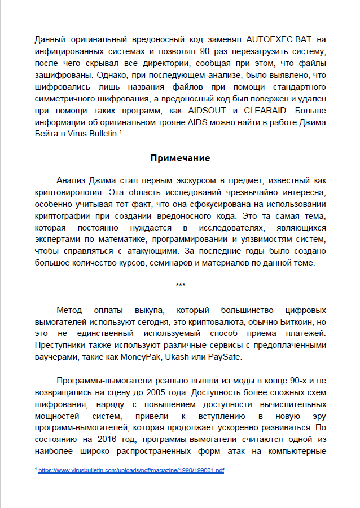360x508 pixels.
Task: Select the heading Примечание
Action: [180, 158]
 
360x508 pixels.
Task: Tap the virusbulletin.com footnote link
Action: [131, 470]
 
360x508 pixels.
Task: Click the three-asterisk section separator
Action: [180, 285]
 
